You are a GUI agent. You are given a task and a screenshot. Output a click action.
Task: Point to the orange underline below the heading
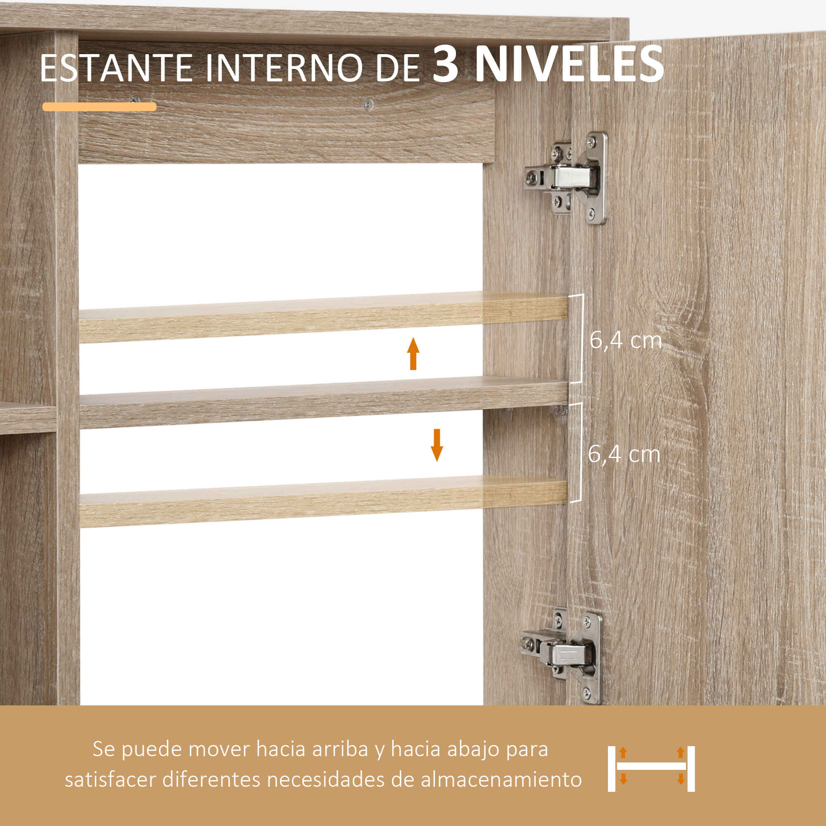click(99, 107)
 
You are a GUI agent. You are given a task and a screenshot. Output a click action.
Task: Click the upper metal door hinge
click(566, 178)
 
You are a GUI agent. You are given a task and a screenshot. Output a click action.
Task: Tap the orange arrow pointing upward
click(413, 354)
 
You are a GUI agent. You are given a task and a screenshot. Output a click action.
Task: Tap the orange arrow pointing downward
click(437, 445)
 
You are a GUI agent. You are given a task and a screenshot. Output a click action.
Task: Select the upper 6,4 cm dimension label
click(625, 340)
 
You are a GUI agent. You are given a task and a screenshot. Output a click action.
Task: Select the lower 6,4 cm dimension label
click(624, 453)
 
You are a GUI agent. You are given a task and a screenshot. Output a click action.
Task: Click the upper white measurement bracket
click(582, 339)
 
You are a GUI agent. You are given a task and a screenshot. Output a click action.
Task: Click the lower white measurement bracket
click(581, 452)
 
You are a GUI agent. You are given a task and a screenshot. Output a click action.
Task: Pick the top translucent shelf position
click(324, 317)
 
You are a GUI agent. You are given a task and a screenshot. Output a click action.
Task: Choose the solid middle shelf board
click(324, 403)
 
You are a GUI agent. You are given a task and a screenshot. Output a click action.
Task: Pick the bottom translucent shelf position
click(324, 501)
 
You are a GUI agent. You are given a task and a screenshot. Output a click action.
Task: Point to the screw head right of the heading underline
click(368, 104)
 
